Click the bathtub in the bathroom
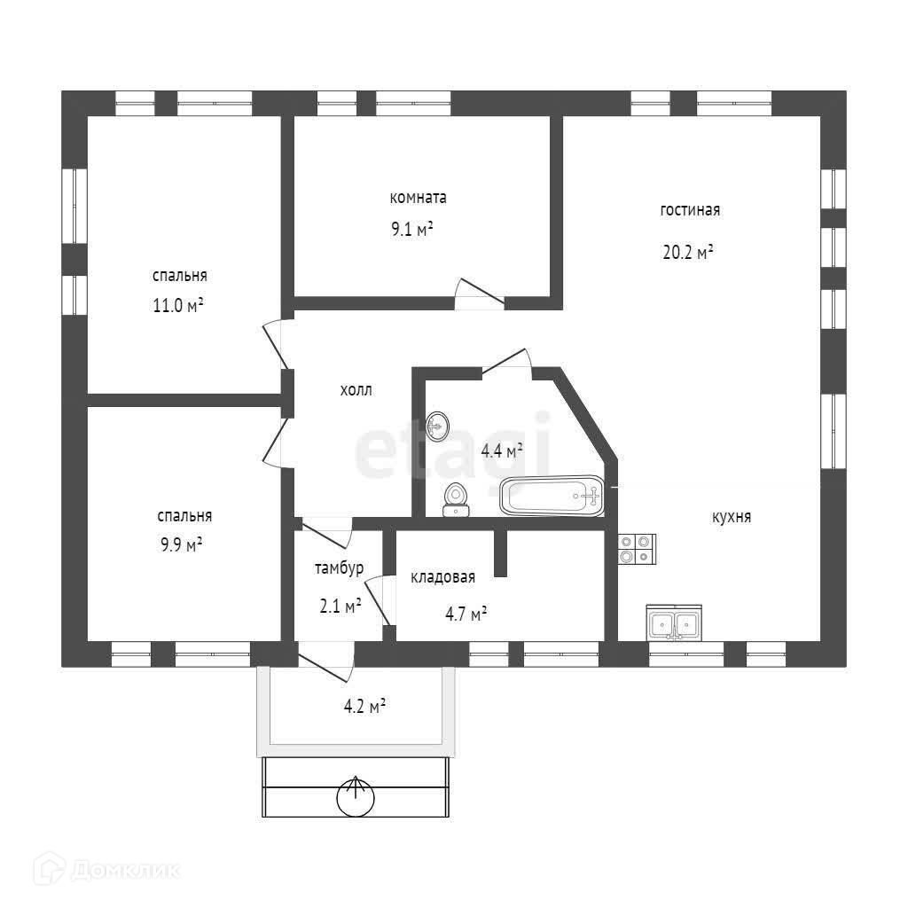[x=552, y=497]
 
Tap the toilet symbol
[x=456, y=498]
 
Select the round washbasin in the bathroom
[x=437, y=427]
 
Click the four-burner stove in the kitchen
[x=636, y=549]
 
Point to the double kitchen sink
[x=674, y=623]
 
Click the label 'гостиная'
[x=690, y=211]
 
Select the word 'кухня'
[x=732, y=517]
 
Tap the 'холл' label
[x=356, y=390]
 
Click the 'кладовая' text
[x=442, y=577]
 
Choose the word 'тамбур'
[x=339, y=567]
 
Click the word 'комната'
[x=419, y=197]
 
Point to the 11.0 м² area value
[x=179, y=307]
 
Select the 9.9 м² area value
[x=179, y=544]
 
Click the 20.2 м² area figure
[x=689, y=252]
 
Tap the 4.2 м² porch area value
[x=364, y=708]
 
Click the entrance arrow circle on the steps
[x=356, y=797]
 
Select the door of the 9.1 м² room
[x=479, y=294]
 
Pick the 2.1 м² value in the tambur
[x=340, y=607]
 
